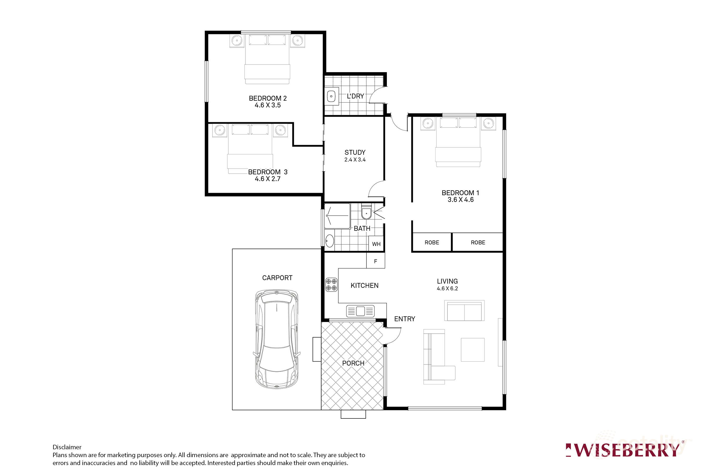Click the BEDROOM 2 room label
point(268,98)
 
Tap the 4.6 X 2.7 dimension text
point(268,179)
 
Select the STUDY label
point(355,152)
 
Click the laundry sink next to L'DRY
point(332,96)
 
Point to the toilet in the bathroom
point(366,213)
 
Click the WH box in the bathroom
point(376,244)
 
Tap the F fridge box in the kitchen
point(376,261)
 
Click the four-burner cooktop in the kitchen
point(331,285)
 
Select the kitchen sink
point(360,311)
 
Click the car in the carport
point(276,339)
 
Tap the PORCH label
point(353,363)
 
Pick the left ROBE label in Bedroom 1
point(432,243)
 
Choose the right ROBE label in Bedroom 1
point(478,243)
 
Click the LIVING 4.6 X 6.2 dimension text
point(447,289)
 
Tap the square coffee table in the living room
point(472,350)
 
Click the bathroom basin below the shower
point(329,241)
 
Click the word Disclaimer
point(67,447)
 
